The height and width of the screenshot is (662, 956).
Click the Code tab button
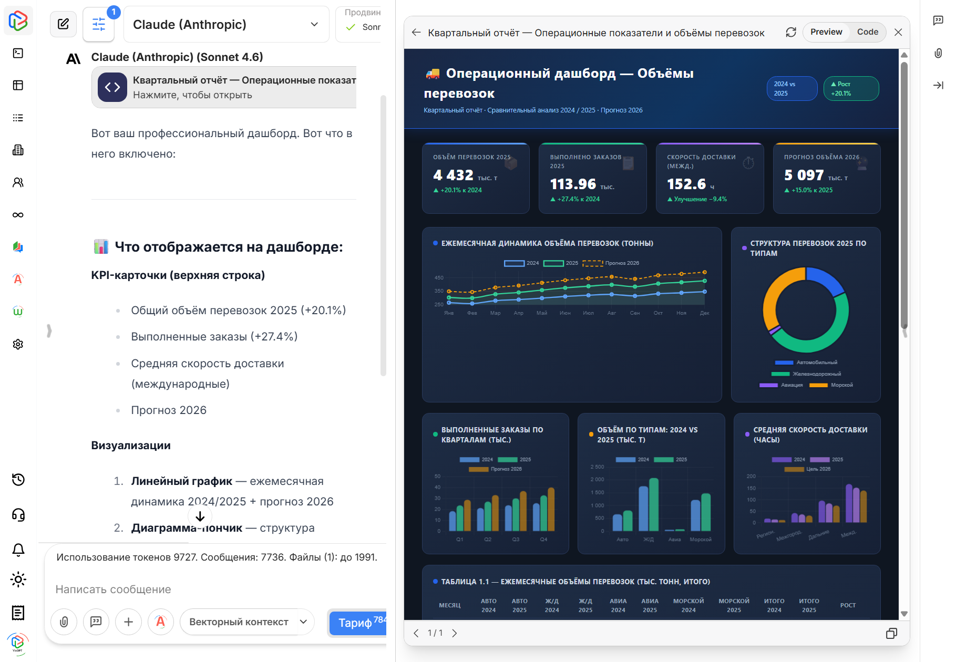pos(867,32)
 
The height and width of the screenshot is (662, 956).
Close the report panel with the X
pos(898,32)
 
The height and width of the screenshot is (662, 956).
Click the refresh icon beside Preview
pos(790,32)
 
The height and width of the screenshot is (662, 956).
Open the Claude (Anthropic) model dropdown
pos(226,25)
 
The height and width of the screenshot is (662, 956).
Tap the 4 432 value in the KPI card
pos(453,175)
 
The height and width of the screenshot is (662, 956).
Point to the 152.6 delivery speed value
pos(686,184)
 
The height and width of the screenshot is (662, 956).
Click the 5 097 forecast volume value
pos(804,175)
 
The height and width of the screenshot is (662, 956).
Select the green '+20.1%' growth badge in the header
pos(850,89)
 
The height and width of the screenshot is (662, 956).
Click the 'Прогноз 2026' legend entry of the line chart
pos(611,263)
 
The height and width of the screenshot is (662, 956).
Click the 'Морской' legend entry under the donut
pos(841,385)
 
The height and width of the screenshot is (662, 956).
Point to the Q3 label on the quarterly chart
pos(516,540)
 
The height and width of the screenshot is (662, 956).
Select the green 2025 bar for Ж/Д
pos(654,504)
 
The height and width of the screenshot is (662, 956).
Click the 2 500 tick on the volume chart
pos(597,467)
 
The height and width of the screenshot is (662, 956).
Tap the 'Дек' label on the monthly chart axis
pos(704,313)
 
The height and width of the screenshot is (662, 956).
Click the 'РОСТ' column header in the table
pos(847,605)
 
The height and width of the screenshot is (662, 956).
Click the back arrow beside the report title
pos(416,33)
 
